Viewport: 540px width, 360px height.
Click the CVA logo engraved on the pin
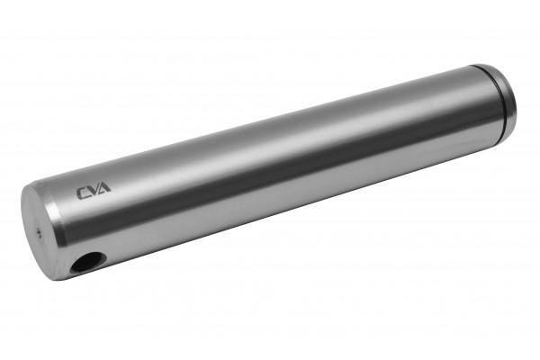[x=94, y=191]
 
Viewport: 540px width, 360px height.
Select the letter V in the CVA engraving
[x=94, y=190]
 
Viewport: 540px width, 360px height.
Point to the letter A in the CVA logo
[x=104, y=188]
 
